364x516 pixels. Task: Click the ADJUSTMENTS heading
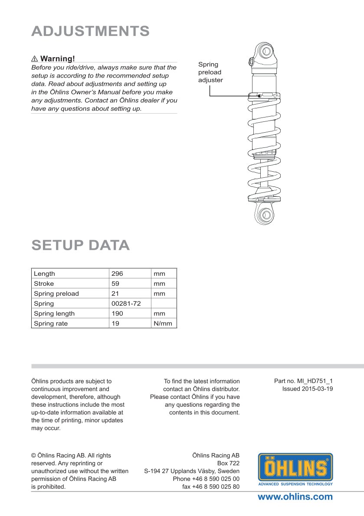click(91, 31)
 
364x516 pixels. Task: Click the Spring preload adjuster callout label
click(210, 72)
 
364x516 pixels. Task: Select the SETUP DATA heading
click(81, 245)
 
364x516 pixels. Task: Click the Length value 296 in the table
click(117, 274)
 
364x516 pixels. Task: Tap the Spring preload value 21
click(115, 294)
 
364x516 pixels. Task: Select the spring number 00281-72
click(126, 304)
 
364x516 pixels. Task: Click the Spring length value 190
click(117, 314)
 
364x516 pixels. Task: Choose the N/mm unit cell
click(163, 323)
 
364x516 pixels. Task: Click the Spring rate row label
click(51, 323)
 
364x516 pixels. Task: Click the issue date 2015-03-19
click(317, 389)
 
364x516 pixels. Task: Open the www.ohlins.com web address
click(295, 497)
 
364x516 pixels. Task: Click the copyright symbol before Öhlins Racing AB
click(33, 456)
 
